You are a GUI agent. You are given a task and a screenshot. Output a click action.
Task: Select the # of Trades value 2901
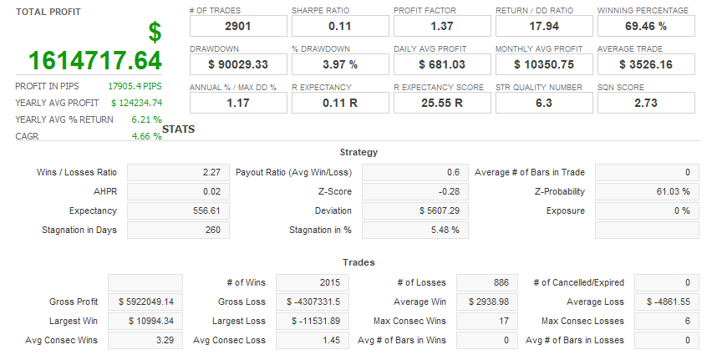(237, 26)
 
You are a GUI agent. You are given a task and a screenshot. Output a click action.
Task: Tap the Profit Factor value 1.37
(441, 26)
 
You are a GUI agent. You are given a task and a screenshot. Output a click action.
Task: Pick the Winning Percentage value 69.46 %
(645, 26)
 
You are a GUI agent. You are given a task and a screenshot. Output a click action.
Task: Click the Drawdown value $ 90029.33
(237, 64)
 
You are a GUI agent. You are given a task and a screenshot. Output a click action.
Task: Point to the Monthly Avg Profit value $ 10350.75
(543, 64)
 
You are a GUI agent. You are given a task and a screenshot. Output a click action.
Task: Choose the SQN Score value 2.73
(645, 103)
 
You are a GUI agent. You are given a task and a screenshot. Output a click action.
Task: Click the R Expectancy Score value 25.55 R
(441, 103)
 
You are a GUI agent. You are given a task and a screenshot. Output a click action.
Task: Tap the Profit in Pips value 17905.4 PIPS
(135, 86)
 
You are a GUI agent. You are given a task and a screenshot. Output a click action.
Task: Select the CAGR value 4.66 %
(146, 136)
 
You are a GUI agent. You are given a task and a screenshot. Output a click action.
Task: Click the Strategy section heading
(359, 152)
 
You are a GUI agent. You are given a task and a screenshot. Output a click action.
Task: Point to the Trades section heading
(359, 262)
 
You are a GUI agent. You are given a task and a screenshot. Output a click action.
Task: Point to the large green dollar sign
(155, 33)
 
